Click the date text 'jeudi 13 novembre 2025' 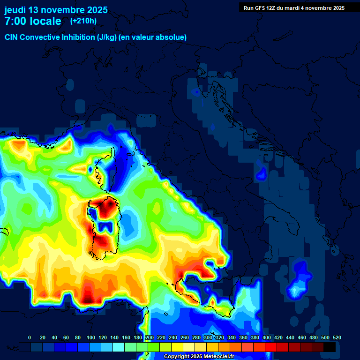[x=56, y=10]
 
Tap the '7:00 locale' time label [x=33, y=21]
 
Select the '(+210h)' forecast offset [x=83, y=21]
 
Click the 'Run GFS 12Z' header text [x=260, y=7]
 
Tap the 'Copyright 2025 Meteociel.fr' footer [x=200, y=357]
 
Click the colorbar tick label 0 [x=30, y=337]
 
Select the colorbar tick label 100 [x=91, y=337]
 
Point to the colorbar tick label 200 [x=150, y=337]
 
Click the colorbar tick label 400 [x=267, y=337]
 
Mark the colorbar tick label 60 [x=66, y=337]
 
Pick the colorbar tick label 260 [x=185, y=337]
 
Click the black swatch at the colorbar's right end [x=330, y=347]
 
